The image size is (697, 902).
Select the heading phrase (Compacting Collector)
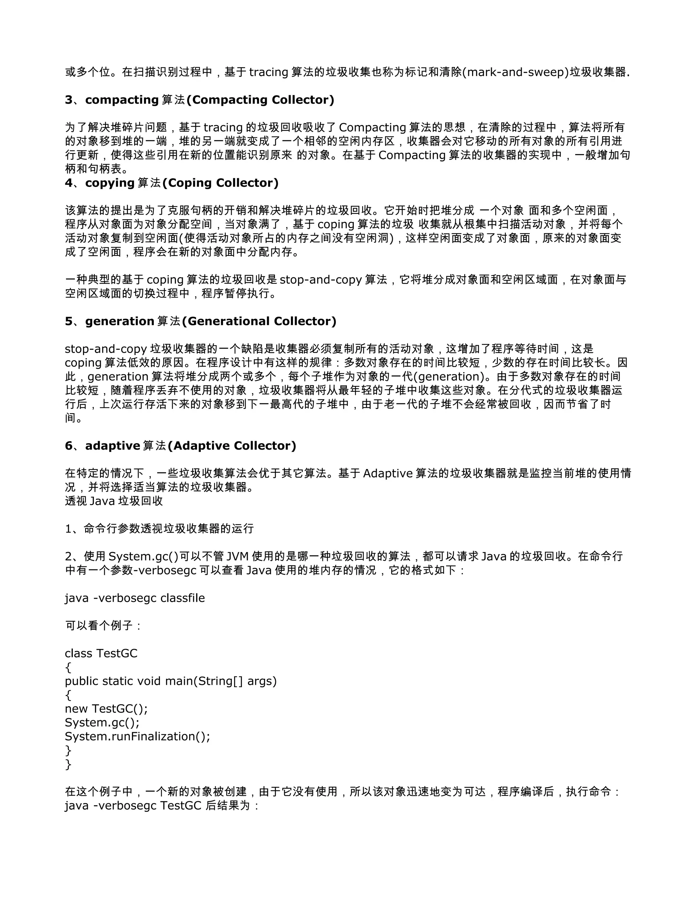point(260,100)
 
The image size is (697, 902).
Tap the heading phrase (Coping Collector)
point(221,183)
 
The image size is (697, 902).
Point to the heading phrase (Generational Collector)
point(259,321)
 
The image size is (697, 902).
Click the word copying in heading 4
point(110,183)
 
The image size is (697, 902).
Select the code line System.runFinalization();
point(137,736)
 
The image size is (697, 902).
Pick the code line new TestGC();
point(106,709)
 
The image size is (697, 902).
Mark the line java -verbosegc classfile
point(135,598)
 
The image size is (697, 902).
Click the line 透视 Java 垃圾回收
point(114,501)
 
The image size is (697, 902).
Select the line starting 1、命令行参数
point(159,529)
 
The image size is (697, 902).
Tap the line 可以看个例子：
point(104,626)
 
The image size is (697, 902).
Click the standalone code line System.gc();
point(102,723)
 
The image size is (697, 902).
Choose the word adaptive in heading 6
point(113,446)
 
